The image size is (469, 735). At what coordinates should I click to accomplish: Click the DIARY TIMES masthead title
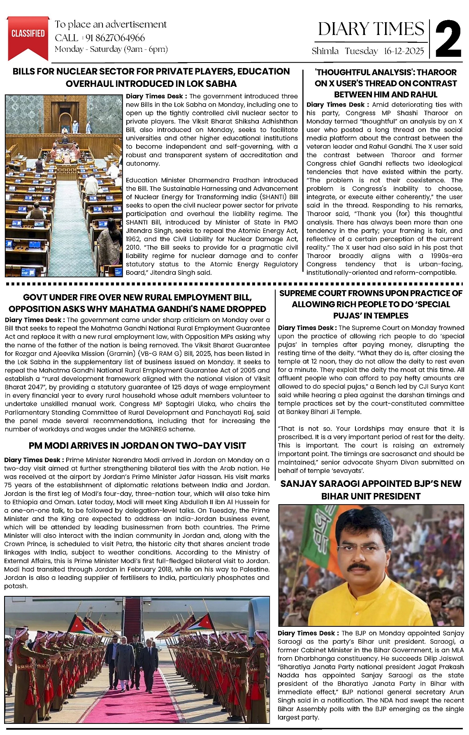tap(371, 29)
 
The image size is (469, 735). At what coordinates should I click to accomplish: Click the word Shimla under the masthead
tap(325, 51)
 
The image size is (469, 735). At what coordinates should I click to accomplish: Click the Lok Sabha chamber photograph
tap(64, 185)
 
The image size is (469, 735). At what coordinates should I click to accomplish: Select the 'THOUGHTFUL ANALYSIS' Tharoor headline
tap(385, 83)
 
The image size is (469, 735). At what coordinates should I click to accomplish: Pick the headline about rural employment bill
tap(137, 303)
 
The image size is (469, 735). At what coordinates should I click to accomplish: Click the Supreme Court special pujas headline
tap(371, 304)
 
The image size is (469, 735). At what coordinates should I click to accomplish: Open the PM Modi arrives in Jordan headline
tap(137, 445)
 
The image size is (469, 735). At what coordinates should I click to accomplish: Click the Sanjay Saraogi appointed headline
tap(371, 490)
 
